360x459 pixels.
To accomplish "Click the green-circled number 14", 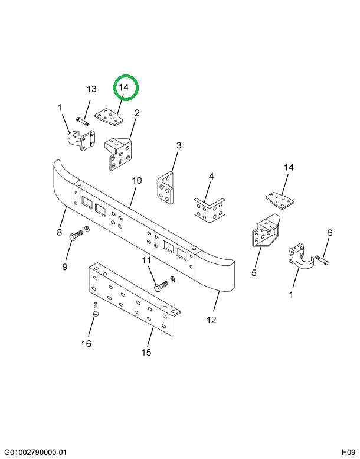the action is [124, 87].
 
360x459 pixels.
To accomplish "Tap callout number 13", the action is [91, 89].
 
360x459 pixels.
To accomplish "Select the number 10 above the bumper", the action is [136, 180].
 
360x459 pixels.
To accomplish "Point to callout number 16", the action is [87, 343].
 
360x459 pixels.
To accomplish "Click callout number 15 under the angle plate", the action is [146, 352].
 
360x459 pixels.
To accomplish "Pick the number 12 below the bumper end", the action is [211, 320].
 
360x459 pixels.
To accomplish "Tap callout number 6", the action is [329, 233].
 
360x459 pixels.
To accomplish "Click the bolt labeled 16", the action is [96, 310].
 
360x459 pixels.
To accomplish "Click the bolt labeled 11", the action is [161, 286].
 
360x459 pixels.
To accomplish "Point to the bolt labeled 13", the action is [83, 121].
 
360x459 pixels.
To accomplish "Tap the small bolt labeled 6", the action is [322, 260].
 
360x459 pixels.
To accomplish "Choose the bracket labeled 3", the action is [165, 188].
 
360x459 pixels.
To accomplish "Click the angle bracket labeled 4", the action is [210, 210].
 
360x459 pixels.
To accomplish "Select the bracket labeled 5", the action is [266, 230].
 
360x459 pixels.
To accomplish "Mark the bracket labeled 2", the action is [119, 154].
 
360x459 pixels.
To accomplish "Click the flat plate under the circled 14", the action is [109, 116].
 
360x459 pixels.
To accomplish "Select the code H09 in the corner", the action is [348, 452].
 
